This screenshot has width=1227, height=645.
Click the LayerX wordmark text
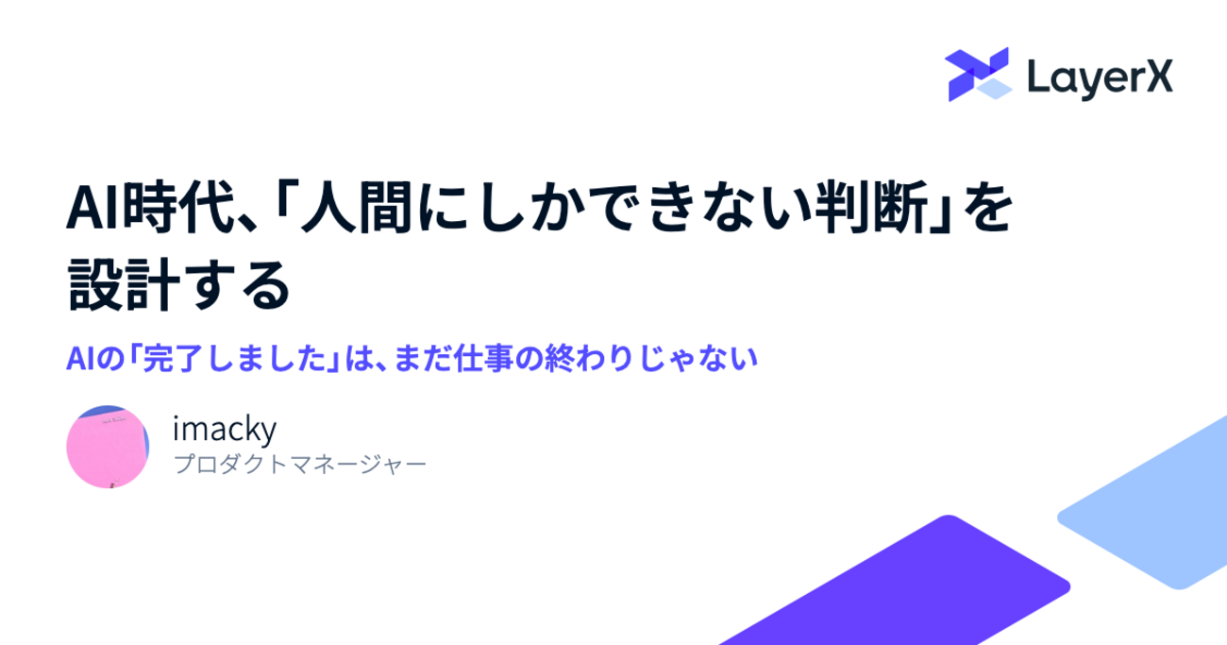coord(1100,79)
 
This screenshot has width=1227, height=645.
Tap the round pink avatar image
coord(108,447)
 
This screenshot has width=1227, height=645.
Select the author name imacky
coord(225,429)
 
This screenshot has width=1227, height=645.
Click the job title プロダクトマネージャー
coord(299,465)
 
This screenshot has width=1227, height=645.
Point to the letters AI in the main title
coord(93,209)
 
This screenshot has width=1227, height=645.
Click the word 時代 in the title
coord(179,208)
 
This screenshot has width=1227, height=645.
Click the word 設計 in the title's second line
coord(124,285)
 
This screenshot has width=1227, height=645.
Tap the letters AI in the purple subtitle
coord(80,360)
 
